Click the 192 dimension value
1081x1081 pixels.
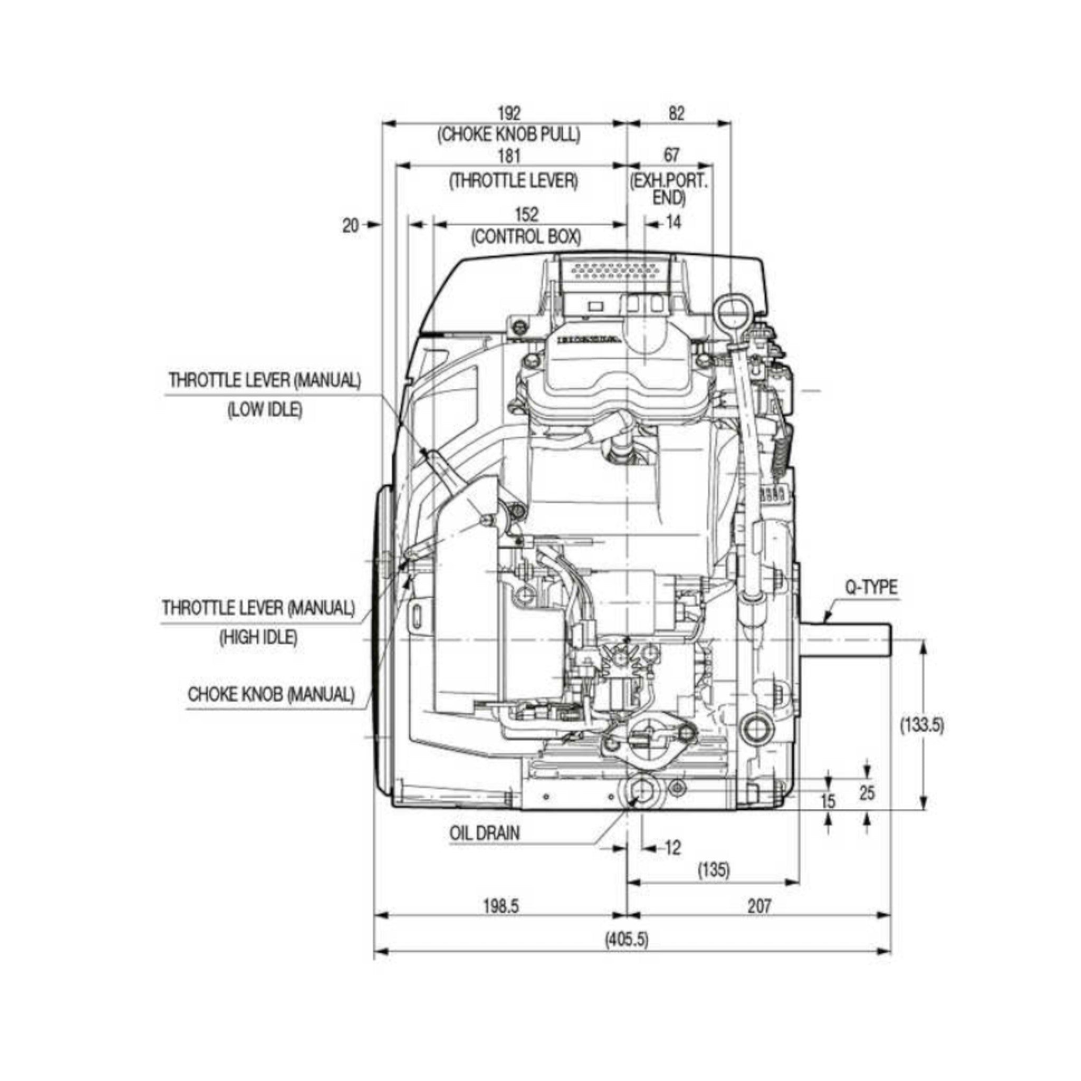[509, 113]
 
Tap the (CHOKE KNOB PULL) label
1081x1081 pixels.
[509, 134]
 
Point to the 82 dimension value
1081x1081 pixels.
[676, 113]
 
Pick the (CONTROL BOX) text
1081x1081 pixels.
[526, 236]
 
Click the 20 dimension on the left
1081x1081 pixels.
[350, 226]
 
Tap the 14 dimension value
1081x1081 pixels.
[674, 223]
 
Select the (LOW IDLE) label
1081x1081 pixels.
[264, 410]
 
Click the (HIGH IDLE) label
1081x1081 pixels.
[258, 637]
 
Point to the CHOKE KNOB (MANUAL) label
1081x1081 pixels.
[271, 695]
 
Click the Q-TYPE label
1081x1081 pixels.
[870, 587]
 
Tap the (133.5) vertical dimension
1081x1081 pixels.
[922, 725]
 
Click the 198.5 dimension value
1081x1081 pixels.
[501, 906]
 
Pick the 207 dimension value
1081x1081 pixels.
[759, 906]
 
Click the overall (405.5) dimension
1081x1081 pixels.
[627, 940]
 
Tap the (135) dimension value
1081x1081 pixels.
[714, 870]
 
